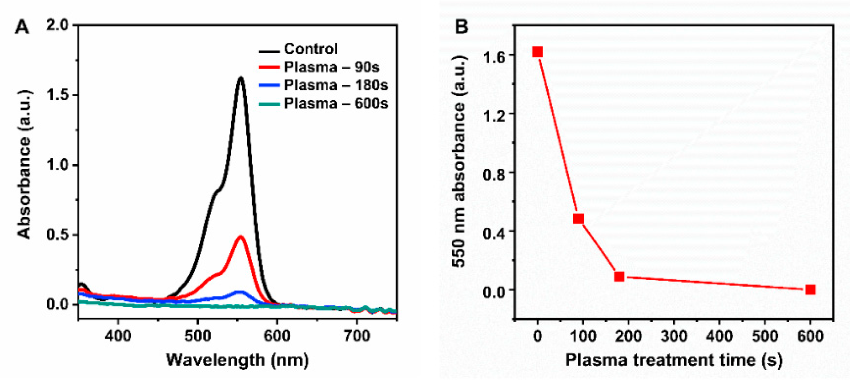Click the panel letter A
(22, 27)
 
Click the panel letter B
(461, 26)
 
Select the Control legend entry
(311, 49)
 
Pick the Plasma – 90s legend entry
(332, 67)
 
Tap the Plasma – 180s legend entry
(336, 85)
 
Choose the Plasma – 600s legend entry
(336, 104)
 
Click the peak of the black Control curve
(241, 78)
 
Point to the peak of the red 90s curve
(241, 237)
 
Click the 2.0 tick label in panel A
(57, 25)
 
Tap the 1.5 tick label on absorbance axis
(57, 95)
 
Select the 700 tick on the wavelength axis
(356, 336)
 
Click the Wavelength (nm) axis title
(237, 360)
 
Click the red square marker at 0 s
(538, 52)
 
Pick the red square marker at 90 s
(578, 219)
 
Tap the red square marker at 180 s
(619, 276)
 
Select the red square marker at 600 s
(810, 289)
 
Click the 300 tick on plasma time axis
(674, 336)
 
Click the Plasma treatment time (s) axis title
(674, 360)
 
